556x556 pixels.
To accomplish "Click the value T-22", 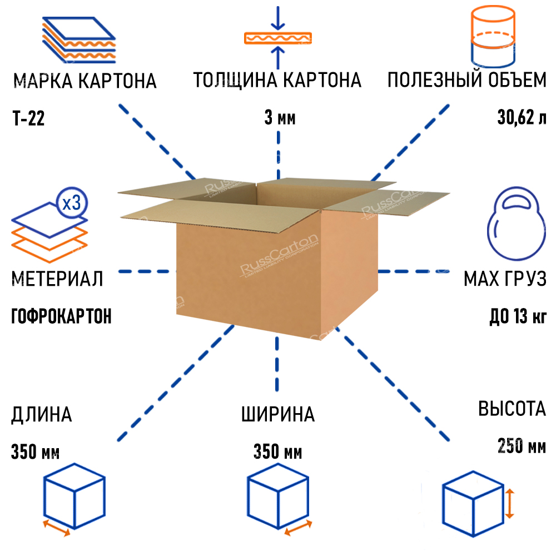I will (28, 119).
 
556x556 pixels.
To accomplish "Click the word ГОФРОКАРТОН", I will (61, 316).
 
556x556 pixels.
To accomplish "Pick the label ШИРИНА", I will (278, 414).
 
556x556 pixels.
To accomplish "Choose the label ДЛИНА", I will (41, 414).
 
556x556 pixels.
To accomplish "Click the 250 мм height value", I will (522, 446).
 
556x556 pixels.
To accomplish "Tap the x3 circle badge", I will (71, 203).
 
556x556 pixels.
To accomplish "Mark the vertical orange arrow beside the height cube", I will (510, 504).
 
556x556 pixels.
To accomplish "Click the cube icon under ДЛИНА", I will (74, 496).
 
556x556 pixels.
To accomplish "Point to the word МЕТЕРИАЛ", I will (57, 279).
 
